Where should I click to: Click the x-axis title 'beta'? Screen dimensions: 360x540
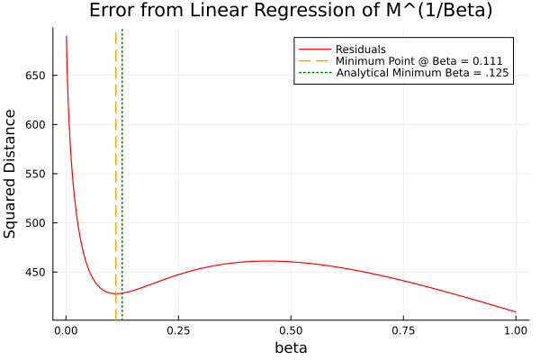(x=291, y=348)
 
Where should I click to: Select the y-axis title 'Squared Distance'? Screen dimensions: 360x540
(x=11, y=174)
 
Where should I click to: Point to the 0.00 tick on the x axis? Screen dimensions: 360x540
(x=66, y=330)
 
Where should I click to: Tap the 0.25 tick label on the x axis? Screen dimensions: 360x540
(x=178, y=330)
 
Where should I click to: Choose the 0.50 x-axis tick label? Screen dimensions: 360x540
(x=291, y=330)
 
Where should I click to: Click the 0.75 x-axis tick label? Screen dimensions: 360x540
(x=403, y=330)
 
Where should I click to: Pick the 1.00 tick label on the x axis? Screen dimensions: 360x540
(x=516, y=330)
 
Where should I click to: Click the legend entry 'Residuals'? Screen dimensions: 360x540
(x=361, y=49)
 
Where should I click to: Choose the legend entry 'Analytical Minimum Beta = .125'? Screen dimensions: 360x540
(x=423, y=72)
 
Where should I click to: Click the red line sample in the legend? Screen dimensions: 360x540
(x=315, y=49)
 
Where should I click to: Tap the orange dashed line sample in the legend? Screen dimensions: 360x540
(x=315, y=60)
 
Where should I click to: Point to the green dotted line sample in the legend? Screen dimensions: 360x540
(x=315, y=72)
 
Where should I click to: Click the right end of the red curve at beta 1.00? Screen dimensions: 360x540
(x=516, y=311)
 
